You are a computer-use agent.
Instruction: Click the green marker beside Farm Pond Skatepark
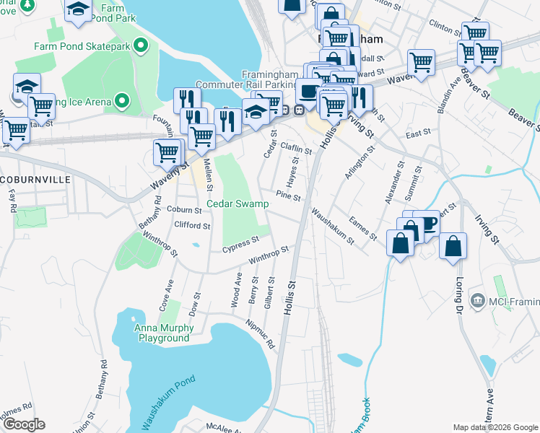click(x=142, y=45)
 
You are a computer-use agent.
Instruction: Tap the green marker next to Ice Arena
click(x=122, y=100)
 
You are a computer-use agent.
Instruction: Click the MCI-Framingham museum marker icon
click(x=476, y=299)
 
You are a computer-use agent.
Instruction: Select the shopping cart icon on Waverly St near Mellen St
click(x=167, y=152)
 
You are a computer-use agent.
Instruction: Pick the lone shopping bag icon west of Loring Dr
click(x=453, y=245)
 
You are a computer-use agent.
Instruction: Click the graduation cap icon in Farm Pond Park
click(x=77, y=9)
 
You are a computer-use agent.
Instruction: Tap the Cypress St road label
click(x=240, y=245)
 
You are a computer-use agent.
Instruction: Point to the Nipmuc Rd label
click(x=261, y=336)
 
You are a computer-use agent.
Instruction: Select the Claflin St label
click(x=296, y=149)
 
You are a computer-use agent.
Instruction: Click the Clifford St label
click(x=192, y=225)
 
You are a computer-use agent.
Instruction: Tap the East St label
click(x=418, y=133)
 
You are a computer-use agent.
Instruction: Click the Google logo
click(x=23, y=424)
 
